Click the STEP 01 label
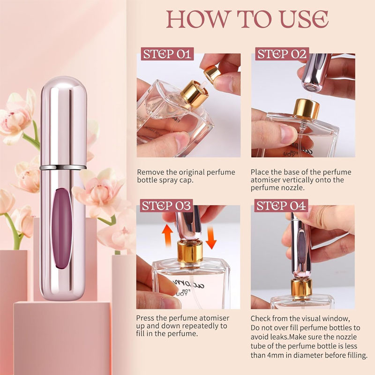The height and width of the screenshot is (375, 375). [167, 53]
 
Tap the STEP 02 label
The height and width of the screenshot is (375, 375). [282, 53]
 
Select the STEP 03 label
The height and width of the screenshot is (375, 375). [166, 205]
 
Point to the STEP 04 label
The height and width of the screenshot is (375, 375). [281, 205]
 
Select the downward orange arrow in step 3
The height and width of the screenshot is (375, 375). [211, 238]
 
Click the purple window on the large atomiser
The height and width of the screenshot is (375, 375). [62, 228]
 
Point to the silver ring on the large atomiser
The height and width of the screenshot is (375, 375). [63, 167]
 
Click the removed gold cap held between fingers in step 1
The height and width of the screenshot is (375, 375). [212, 73]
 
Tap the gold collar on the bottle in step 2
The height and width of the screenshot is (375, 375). [307, 109]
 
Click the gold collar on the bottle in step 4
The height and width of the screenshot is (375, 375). [301, 287]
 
